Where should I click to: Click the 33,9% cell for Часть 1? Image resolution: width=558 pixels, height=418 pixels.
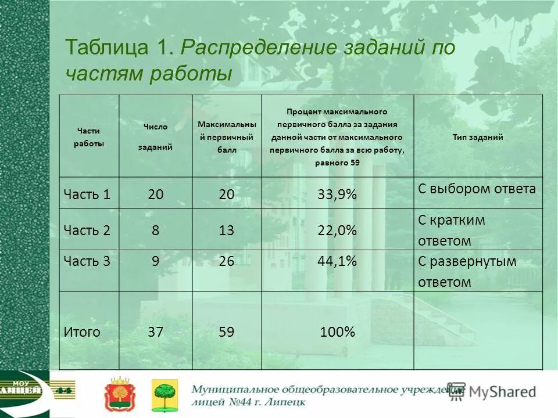tap(337, 194)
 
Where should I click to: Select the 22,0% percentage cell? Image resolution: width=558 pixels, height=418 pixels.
tap(337, 230)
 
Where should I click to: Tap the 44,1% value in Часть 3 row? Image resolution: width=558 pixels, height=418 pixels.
tap(337, 261)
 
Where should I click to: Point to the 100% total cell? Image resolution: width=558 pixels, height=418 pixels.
tap(337, 332)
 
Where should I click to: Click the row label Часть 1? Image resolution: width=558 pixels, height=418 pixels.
tap(87, 194)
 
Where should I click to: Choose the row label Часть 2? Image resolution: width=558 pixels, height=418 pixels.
tap(87, 230)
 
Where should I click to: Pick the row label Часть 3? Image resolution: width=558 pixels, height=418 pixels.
tap(87, 261)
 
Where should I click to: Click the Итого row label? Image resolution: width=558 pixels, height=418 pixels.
tap(81, 332)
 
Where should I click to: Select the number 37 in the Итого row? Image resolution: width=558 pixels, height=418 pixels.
tap(155, 332)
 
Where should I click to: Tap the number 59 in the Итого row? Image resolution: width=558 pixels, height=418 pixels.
tap(226, 332)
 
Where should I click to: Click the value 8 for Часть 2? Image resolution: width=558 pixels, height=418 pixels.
tap(155, 230)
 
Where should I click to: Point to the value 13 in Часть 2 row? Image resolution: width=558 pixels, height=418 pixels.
tap(226, 230)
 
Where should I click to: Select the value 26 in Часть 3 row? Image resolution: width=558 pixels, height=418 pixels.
tap(226, 261)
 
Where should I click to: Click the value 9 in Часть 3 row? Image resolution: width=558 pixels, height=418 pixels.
tap(155, 261)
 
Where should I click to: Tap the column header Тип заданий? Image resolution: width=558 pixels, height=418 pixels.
tap(477, 138)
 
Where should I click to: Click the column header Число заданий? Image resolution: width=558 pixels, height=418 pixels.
tap(155, 137)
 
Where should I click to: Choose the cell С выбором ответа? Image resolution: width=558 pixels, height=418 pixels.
tap(477, 189)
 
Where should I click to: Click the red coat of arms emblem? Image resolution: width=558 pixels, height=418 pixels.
tap(118, 394)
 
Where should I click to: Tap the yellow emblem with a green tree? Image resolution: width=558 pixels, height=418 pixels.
tap(164, 395)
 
